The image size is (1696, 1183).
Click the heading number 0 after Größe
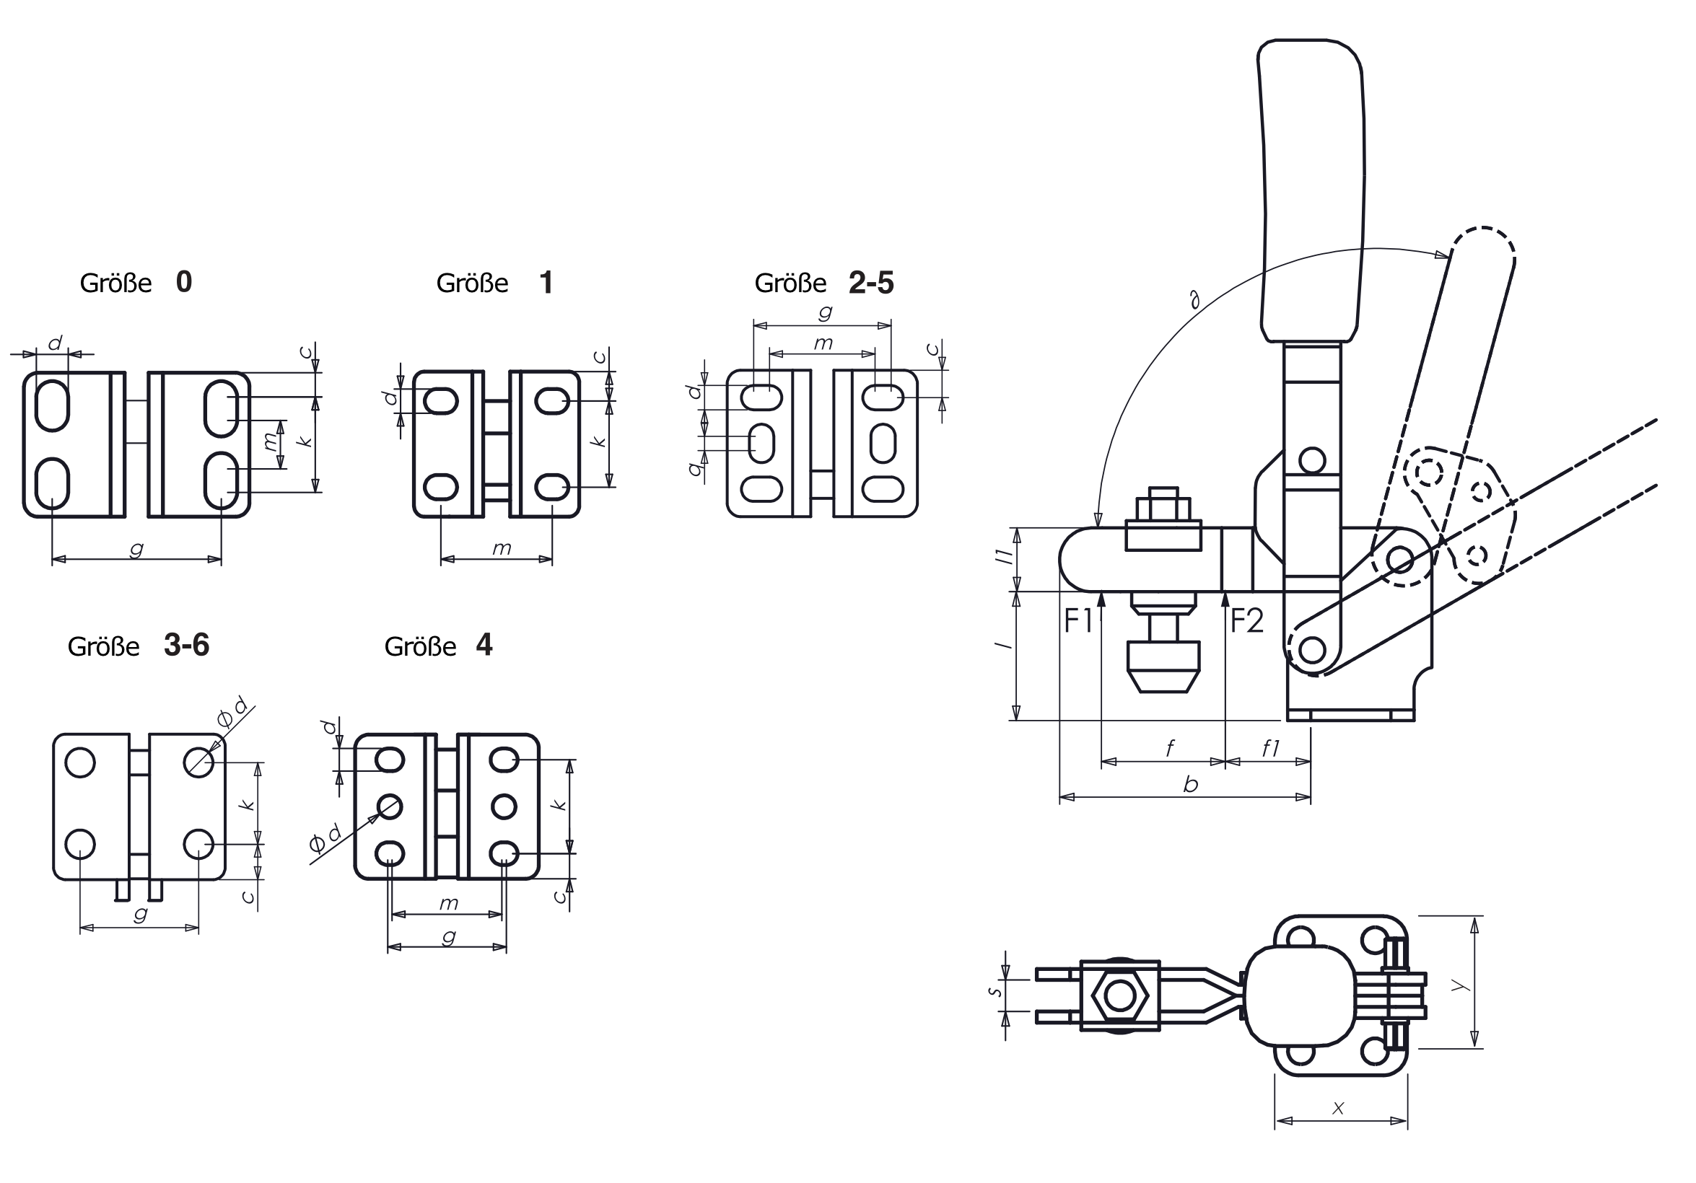click(x=184, y=282)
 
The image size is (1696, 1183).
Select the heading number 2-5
click(x=871, y=283)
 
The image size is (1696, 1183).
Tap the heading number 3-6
click(x=186, y=646)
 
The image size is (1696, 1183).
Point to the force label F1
click(x=1078, y=621)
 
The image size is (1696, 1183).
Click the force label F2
click(x=1247, y=621)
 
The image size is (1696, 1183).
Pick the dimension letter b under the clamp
click(x=1190, y=785)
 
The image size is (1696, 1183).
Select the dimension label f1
click(x=1269, y=749)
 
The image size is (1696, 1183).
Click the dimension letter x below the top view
click(x=1338, y=1108)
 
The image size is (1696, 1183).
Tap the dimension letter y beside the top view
click(x=1457, y=985)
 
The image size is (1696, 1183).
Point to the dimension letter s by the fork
click(x=997, y=991)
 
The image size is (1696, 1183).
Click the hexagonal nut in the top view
click(x=1120, y=996)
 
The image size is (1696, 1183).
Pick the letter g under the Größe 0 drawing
click(x=136, y=549)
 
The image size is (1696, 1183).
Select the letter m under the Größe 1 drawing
click(x=502, y=549)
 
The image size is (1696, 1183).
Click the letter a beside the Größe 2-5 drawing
click(x=694, y=467)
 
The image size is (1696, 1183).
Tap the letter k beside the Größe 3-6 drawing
click(x=248, y=804)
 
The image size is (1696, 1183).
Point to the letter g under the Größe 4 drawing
click(x=448, y=937)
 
